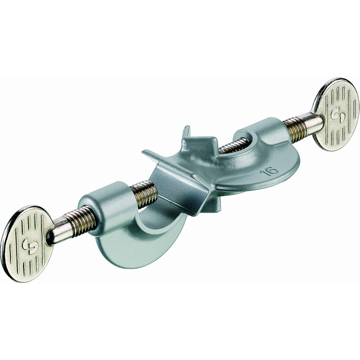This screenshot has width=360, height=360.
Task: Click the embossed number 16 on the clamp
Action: point(269,171)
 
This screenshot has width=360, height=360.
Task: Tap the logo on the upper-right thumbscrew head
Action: point(337,113)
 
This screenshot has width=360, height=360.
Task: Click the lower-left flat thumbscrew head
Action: point(27,244)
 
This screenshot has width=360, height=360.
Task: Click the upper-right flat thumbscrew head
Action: point(336,114)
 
